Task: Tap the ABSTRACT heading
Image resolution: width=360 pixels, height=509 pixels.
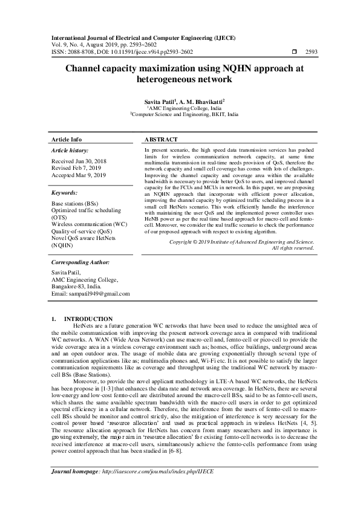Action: pyautogui.click(x=161, y=139)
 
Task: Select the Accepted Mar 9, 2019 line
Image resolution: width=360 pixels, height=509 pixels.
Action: pyautogui.click(x=80, y=175)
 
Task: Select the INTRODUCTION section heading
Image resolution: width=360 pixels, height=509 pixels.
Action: pyautogui.click(x=88, y=319)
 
